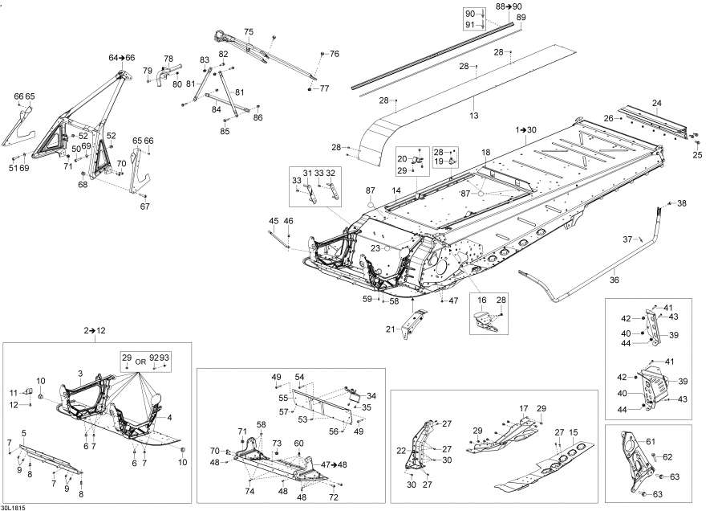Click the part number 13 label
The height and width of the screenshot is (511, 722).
474,116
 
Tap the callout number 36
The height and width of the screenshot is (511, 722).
615,280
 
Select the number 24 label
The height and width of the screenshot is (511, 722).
656,103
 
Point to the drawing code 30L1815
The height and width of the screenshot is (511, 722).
14,508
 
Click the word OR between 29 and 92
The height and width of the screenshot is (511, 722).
140,362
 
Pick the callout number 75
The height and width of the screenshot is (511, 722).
249,32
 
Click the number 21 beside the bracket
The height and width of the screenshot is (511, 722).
391,329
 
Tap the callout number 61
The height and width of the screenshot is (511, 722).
650,441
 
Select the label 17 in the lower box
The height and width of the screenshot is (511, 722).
524,409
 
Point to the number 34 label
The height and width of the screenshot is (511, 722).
371,395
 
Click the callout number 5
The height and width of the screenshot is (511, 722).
23,433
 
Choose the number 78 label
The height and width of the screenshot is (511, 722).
168,59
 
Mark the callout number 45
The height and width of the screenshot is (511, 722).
274,221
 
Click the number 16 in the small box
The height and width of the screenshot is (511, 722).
481,300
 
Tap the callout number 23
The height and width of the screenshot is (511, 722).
375,248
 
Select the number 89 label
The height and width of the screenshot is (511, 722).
521,18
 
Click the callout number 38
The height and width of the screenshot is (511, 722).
681,203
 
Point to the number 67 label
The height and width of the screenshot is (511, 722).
145,206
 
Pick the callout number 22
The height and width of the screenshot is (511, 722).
402,451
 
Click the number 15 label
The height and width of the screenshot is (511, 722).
574,432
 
